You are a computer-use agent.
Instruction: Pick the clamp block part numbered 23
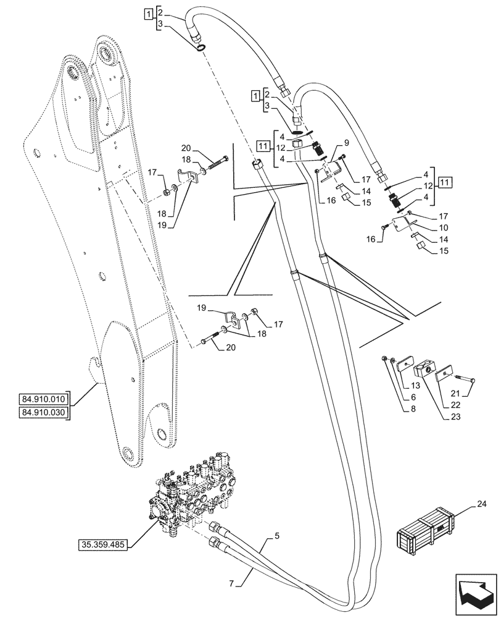425,370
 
